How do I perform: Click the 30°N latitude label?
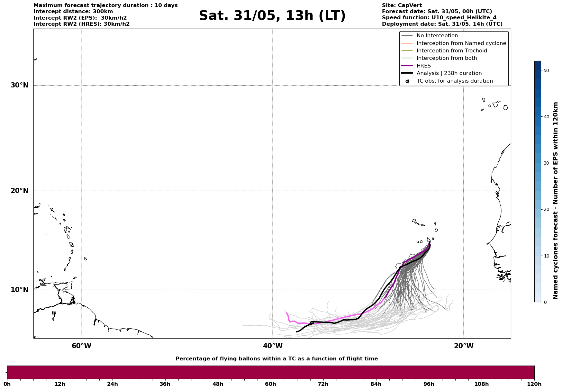point(19,85)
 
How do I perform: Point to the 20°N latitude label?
point(19,191)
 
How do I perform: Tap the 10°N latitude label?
point(19,290)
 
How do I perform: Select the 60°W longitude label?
point(81,346)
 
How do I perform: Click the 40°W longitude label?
point(273,346)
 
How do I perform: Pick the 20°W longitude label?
point(464,346)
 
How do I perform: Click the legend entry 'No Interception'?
point(437,36)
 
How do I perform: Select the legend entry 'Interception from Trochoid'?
point(451,51)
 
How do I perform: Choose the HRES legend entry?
point(423,66)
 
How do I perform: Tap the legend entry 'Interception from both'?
point(447,58)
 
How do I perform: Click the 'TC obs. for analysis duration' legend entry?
point(454,81)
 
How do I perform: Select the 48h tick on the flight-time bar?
point(218,384)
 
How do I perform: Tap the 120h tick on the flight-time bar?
point(534,384)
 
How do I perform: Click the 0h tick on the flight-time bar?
point(7,384)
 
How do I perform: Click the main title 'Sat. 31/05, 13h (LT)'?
point(272,16)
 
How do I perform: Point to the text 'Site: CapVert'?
point(402,5)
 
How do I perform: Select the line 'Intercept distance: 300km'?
point(73,12)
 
